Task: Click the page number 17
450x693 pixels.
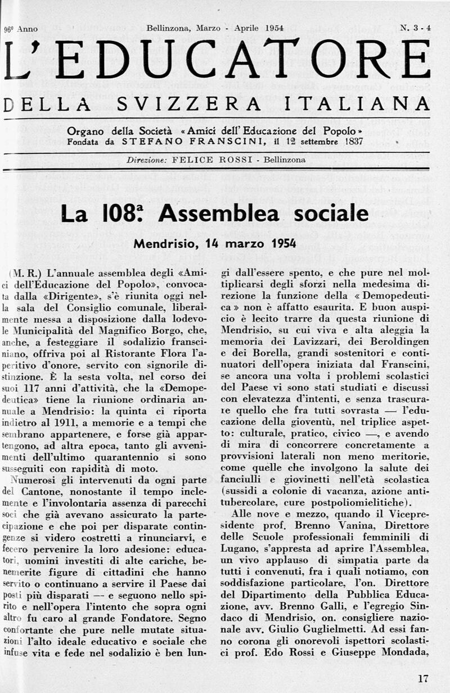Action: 424,678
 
